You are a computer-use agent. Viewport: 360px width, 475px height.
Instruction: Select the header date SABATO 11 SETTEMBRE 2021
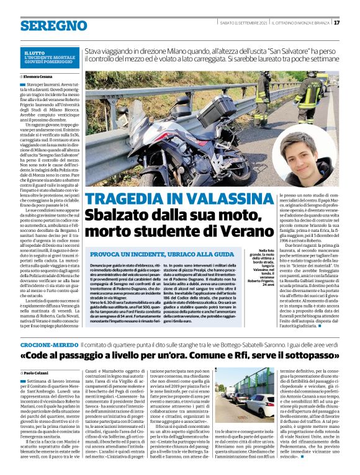click(x=243, y=23)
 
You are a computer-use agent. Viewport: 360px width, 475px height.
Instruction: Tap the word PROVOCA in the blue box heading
click(x=108, y=255)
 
